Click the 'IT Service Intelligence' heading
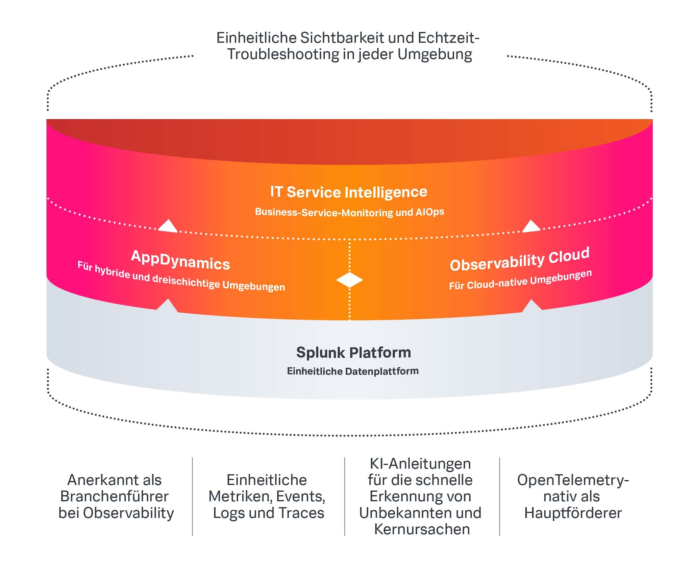[348, 192]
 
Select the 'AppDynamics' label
[180, 261]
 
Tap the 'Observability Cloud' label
[519, 260]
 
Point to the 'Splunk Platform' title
[353, 353]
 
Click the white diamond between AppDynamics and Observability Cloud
[349, 280]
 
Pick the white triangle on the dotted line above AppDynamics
[168, 226]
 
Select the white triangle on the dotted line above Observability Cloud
[531, 226]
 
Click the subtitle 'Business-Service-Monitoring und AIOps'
[349, 212]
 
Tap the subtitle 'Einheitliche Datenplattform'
[353, 371]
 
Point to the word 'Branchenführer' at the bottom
[114, 497]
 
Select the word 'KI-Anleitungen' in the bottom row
[420, 464]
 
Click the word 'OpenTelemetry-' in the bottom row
[573, 480]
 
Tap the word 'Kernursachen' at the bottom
[422, 529]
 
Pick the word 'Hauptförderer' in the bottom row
[573, 513]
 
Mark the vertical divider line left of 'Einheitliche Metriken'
[192, 496]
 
